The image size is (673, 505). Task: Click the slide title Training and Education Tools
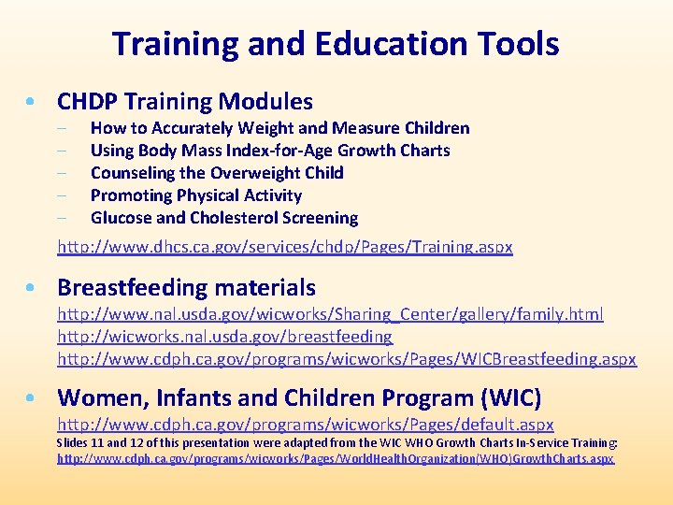(x=336, y=44)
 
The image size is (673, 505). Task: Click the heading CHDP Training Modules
(x=185, y=101)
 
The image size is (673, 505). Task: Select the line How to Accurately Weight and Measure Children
(x=279, y=128)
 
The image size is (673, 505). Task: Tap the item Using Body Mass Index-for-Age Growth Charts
(x=270, y=151)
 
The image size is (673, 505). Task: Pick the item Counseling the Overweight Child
(x=217, y=173)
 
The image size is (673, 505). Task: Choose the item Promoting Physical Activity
(x=196, y=195)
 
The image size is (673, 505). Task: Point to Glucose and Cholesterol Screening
(x=224, y=218)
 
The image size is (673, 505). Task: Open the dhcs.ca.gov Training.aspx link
(x=285, y=248)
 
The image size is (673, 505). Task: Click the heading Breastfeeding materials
(x=187, y=287)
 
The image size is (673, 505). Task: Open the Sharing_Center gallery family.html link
(x=330, y=314)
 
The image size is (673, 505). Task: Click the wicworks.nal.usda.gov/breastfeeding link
(x=225, y=337)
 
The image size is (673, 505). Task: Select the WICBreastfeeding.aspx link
(x=347, y=359)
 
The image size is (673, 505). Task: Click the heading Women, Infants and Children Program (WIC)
(x=299, y=398)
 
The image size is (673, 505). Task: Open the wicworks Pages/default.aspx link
(x=306, y=425)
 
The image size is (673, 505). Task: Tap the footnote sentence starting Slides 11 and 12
(x=336, y=442)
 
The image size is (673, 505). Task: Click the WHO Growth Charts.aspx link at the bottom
(x=336, y=459)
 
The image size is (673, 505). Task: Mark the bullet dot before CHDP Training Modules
(x=34, y=102)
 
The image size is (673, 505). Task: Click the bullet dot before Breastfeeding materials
(x=34, y=288)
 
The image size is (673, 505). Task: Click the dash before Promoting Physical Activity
(x=61, y=195)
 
